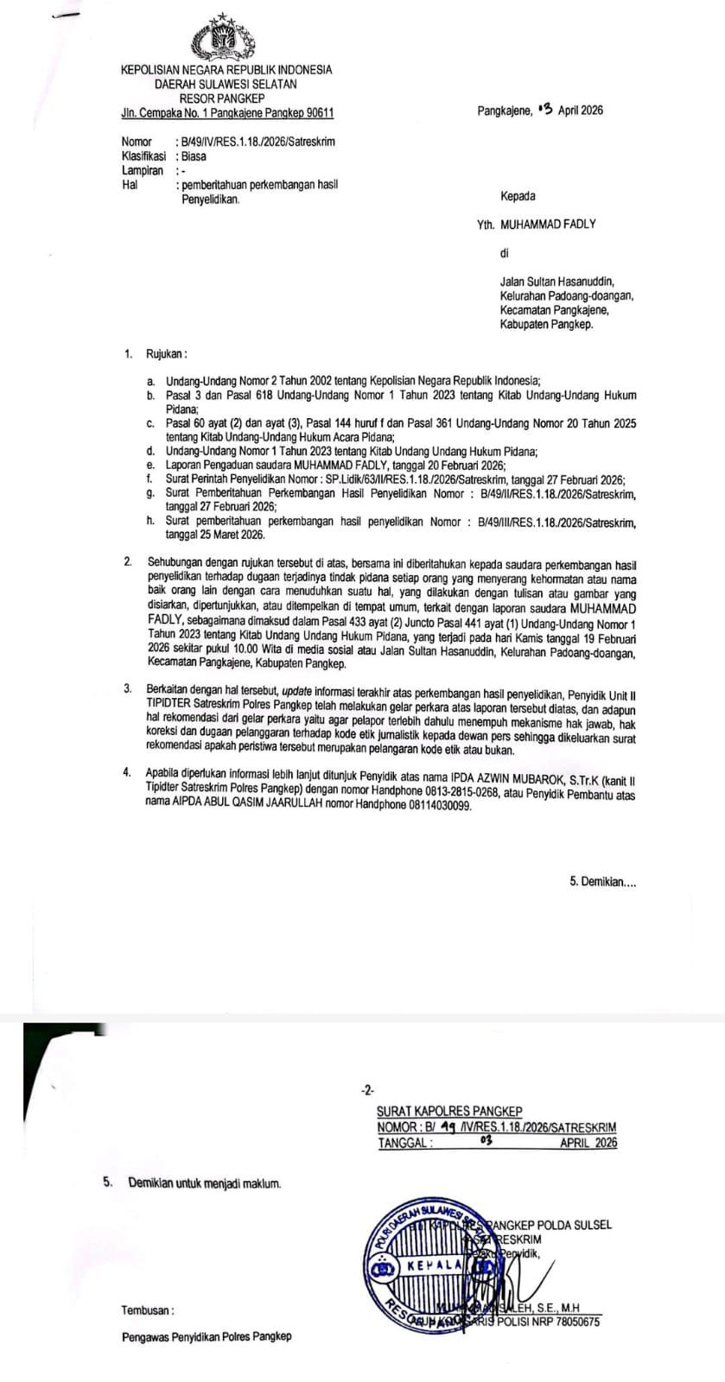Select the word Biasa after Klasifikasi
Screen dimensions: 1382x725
point(194,156)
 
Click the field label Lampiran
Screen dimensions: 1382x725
point(142,171)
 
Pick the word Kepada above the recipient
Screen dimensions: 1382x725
point(518,196)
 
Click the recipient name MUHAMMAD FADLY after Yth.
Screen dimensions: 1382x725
point(548,224)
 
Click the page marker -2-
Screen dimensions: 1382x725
point(368,1090)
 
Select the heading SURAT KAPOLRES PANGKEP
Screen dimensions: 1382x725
point(449,1112)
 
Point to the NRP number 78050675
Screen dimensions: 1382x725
point(571,1322)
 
